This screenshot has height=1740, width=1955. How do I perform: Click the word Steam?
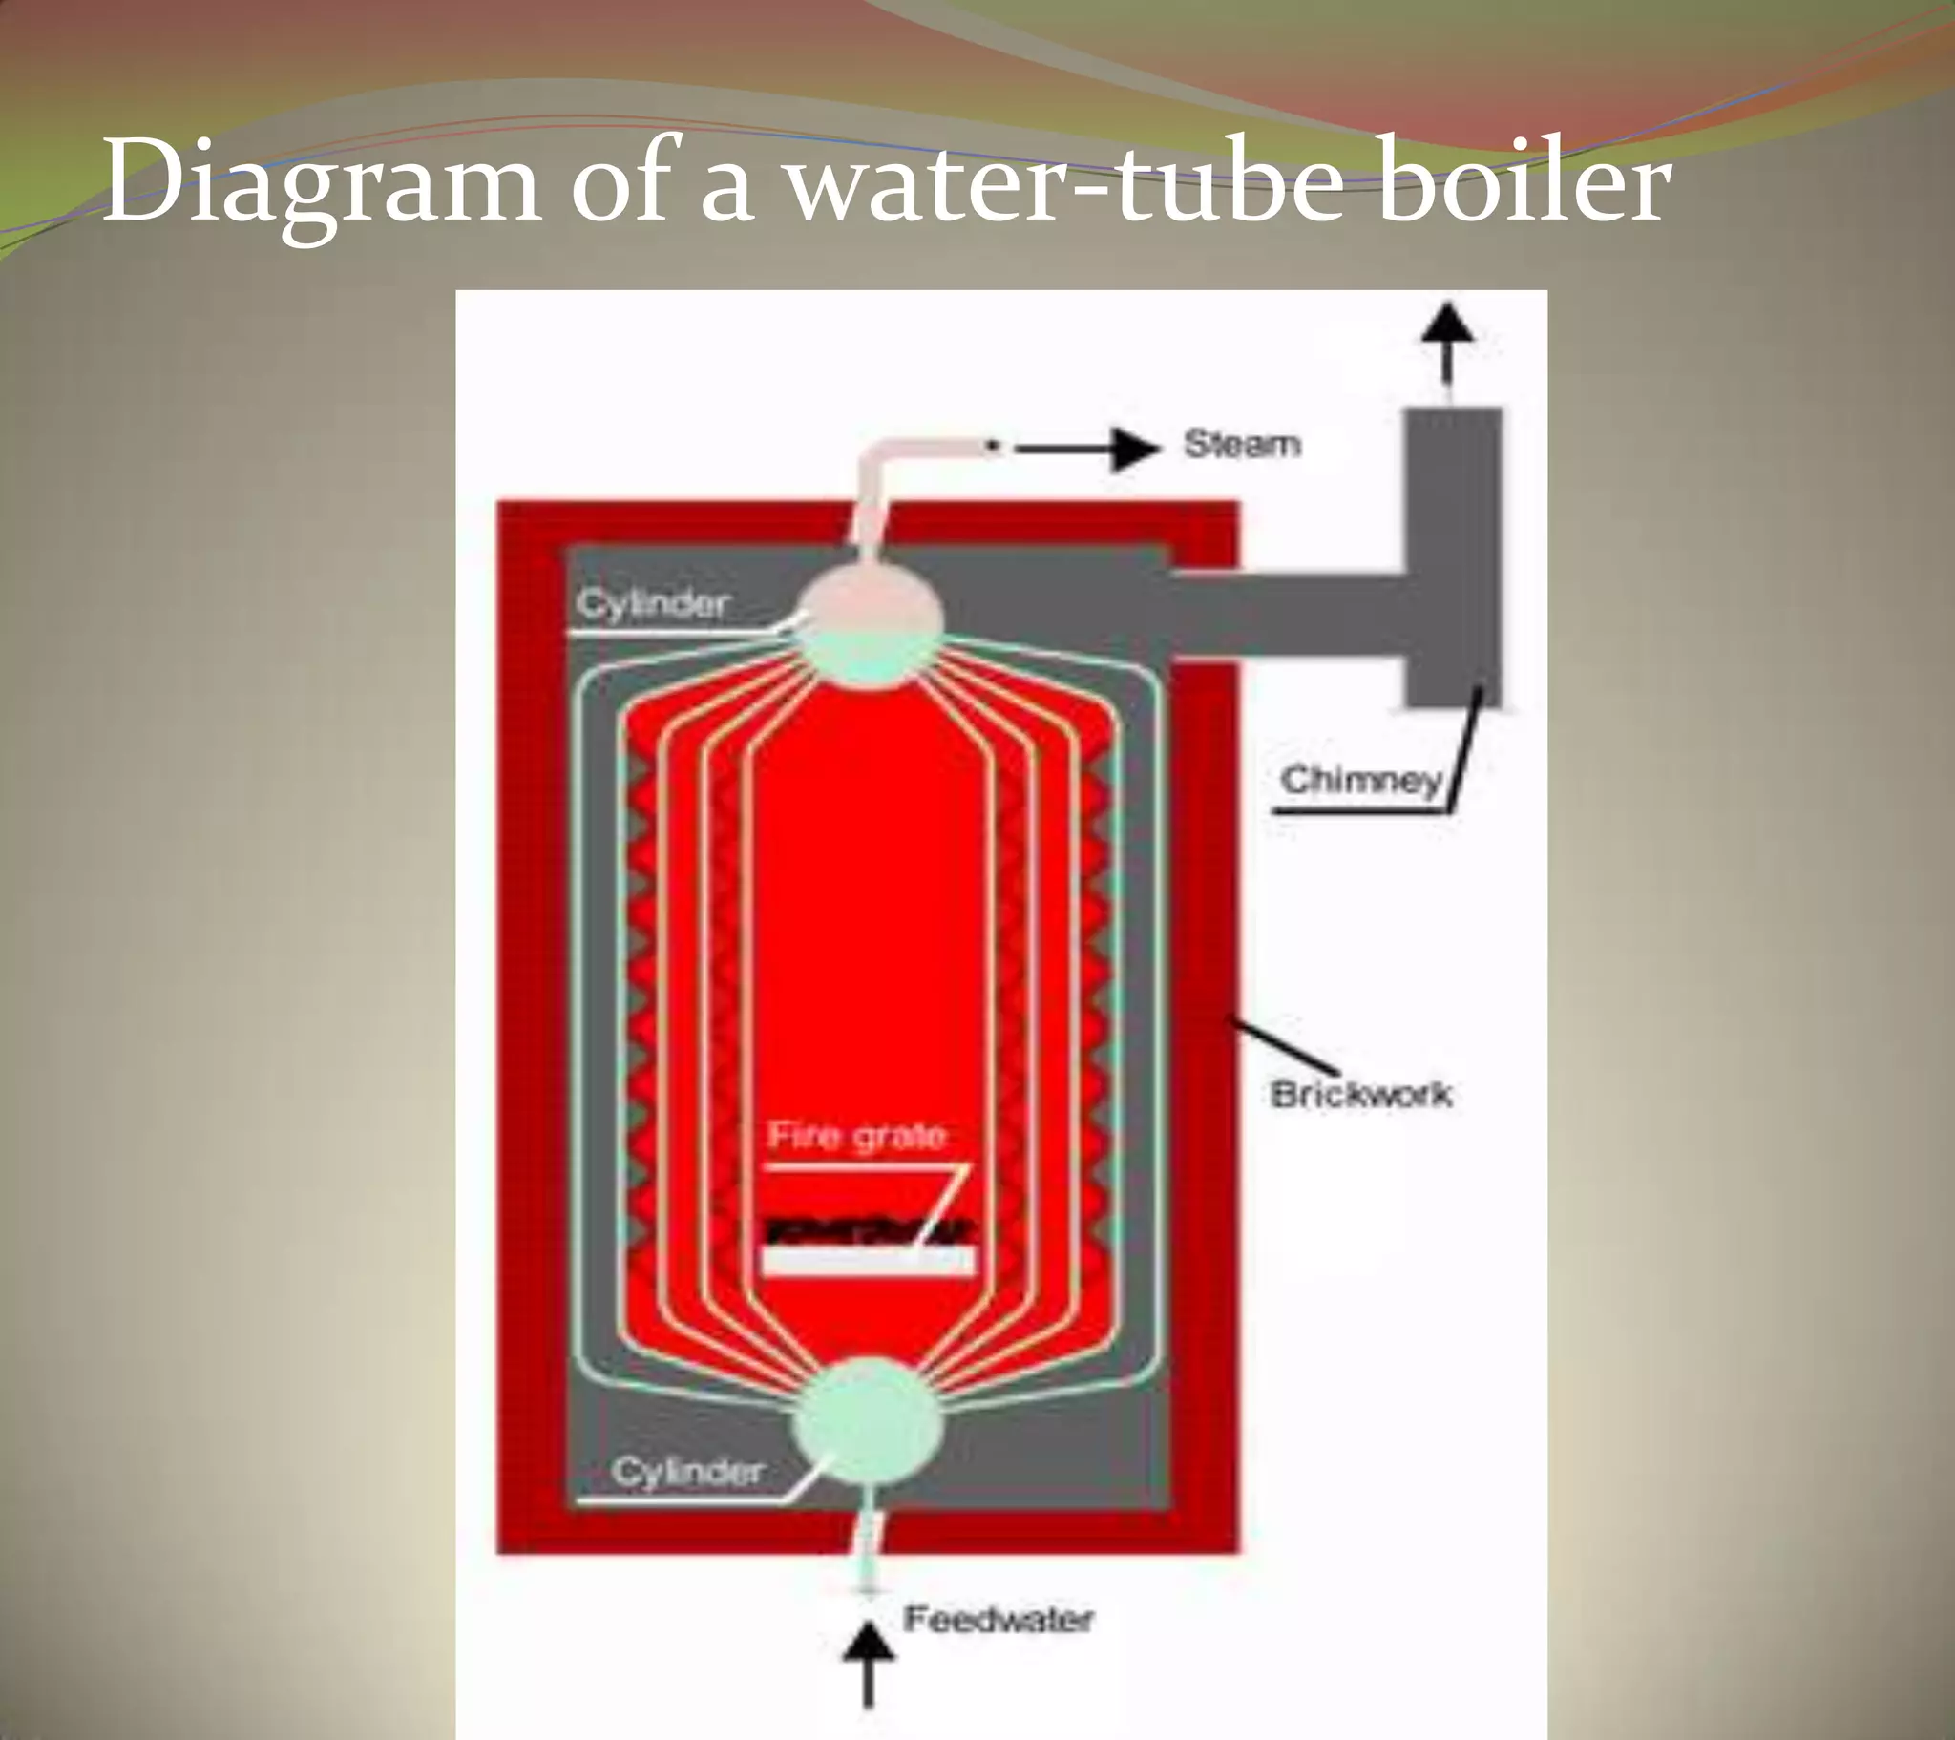click(x=1242, y=445)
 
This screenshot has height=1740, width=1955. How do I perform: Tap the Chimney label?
click(x=1360, y=780)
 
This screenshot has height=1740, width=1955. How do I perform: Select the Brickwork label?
click(x=1361, y=1094)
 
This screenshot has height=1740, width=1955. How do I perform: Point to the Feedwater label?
click(x=998, y=1620)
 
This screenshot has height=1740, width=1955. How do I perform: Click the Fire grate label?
click(x=856, y=1136)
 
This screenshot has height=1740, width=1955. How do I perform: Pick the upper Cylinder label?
click(x=653, y=603)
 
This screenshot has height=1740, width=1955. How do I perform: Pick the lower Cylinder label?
click(x=686, y=1470)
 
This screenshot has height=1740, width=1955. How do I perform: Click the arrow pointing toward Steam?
click(x=1090, y=449)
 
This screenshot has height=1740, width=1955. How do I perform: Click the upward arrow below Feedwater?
click(x=869, y=1665)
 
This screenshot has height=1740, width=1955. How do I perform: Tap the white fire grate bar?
click(x=869, y=1261)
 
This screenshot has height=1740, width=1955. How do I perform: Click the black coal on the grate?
click(x=869, y=1231)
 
